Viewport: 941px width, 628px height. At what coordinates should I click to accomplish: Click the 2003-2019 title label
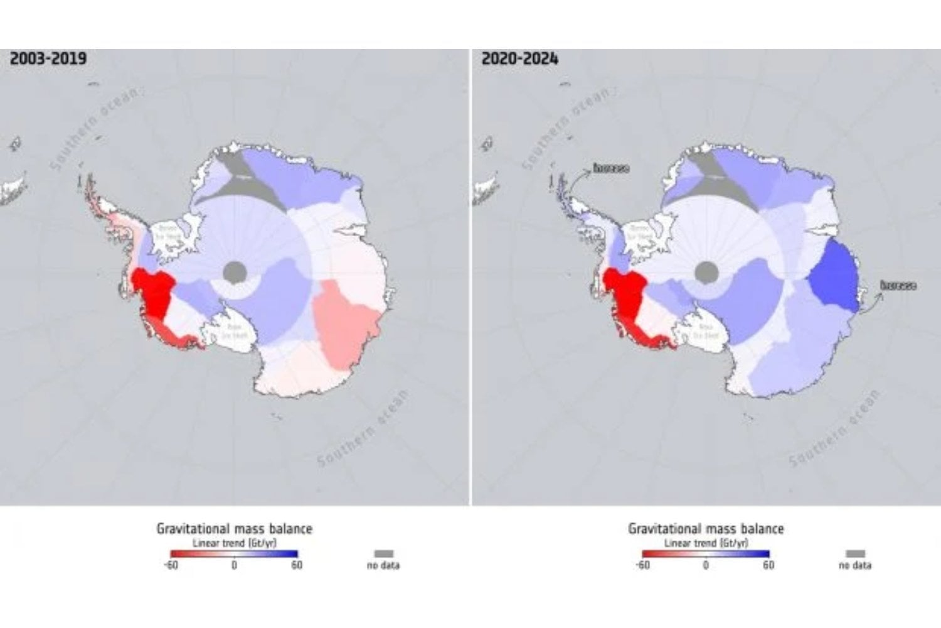click(x=48, y=59)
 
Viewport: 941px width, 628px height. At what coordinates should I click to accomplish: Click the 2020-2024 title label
click(x=519, y=59)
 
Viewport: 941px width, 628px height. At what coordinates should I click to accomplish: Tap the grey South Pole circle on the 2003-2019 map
click(x=235, y=272)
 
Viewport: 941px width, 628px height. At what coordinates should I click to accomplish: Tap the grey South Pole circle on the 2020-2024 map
click(x=706, y=272)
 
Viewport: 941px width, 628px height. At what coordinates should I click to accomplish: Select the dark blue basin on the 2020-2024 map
click(x=834, y=276)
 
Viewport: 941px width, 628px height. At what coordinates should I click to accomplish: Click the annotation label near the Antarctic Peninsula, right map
click(x=611, y=168)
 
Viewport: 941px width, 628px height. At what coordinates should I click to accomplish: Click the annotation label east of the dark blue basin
click(x=898, y=286)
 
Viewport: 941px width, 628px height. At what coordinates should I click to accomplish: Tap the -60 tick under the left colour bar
click(x=171, y=565)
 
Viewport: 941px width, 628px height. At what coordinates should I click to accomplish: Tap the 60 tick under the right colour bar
click(x=768, y=565)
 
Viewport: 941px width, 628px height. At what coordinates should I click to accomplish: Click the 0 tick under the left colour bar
click(x=234, y=565)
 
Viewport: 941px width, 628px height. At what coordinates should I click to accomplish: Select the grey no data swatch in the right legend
click(x=855, y=553)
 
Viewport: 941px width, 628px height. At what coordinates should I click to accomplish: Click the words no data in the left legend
click(x=383, y=565)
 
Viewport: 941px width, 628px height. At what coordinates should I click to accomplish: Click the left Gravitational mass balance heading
click(x=234, y=529)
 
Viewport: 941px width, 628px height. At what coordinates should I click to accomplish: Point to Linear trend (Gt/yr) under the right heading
click(x=706, y=543)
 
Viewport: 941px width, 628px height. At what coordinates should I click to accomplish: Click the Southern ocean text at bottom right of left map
click(x=363, y=429)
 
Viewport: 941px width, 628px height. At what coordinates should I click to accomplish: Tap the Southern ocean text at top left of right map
click(x=565, y=129)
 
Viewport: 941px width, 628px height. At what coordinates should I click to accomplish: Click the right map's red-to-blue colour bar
click(x=706, y=554)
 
